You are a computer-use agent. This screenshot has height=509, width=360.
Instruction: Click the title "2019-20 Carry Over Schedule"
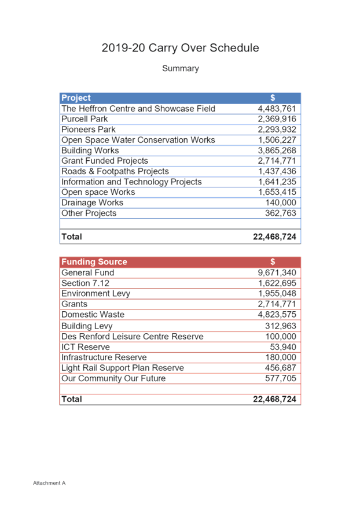181,47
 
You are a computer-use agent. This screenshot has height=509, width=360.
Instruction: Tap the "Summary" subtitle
181,68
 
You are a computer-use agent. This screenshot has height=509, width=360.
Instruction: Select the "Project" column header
76,98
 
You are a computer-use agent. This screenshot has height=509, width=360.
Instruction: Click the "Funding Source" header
94,261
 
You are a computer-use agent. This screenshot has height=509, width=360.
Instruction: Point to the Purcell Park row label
85,119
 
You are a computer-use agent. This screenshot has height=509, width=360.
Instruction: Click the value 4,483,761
277,108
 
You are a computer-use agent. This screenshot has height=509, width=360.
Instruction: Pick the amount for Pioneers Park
277,130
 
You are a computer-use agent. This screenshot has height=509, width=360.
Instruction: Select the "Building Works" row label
90,150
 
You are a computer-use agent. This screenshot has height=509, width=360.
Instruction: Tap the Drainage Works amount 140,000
281,202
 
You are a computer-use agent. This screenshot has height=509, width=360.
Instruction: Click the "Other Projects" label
89,213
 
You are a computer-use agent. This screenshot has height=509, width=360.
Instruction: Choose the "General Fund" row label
88,272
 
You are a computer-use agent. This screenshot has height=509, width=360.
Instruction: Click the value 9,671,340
277,272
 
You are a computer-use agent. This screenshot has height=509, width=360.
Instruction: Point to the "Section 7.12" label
85,283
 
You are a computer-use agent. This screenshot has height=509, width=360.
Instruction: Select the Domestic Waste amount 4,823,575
277,315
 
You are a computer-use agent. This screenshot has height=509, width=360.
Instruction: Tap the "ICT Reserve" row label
86,347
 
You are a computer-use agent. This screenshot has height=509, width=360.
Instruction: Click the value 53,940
283,347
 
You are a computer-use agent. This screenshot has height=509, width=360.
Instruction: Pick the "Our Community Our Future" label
113,378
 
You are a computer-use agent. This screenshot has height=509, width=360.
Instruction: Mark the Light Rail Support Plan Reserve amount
281,368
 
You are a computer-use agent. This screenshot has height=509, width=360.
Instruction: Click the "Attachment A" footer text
49,483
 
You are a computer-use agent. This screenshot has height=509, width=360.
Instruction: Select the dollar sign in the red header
273,261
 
